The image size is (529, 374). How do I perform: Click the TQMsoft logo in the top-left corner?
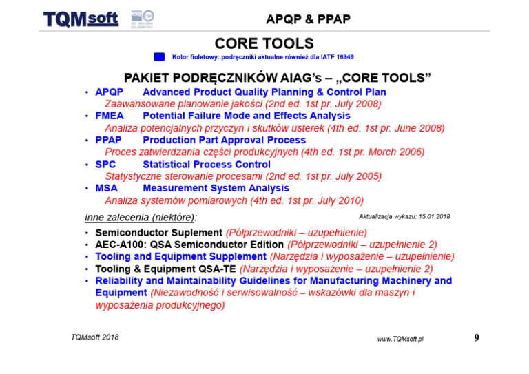point(81,19)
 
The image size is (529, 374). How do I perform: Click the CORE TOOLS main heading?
point(264,43)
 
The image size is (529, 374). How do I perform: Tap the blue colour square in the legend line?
point(159,56)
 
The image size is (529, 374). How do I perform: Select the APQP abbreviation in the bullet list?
point(109,92)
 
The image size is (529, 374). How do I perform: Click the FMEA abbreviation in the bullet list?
point(110,116)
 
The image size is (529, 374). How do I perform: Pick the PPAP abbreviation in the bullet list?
point(109,141)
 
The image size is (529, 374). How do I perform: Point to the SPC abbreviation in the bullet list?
point(105,165)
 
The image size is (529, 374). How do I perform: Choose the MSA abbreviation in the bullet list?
point(106,188)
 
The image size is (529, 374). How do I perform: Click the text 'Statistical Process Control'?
point(207,165)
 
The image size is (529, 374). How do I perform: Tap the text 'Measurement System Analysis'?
point(216,188)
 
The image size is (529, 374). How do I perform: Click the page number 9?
point(477,337)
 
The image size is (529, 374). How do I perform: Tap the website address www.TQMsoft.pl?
point(400,339)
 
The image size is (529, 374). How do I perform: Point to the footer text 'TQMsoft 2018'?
point(95,337)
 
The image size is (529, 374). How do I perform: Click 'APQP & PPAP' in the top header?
point(307,19)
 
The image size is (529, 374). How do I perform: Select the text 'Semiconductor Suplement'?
point(158,233)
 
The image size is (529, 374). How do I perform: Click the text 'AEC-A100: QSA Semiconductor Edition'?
point(189,245)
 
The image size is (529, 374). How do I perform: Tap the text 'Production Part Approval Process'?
point(224,141)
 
